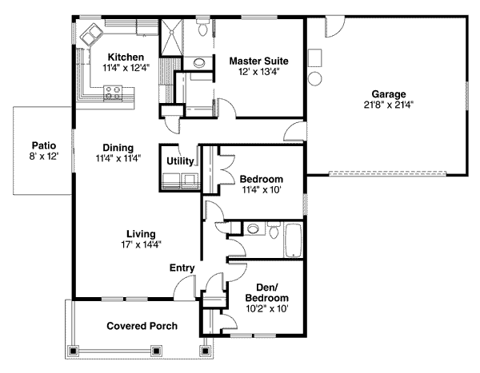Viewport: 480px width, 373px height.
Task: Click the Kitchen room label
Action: coord(126,58)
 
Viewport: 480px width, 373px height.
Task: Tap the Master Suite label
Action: coord(259,61)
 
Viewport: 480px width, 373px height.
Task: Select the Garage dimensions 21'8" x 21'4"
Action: coord(389,105)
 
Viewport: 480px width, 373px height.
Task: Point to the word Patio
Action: coord(44,145)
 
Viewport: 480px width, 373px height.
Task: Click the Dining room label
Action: coord(118,148)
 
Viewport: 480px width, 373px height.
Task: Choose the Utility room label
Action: coord(180,161)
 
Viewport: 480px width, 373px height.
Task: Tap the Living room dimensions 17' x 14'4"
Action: coord(141,244)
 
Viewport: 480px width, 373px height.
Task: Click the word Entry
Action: coord(182,268)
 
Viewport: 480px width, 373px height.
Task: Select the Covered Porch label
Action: coord(142,326)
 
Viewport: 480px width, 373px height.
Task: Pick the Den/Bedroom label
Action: coord(267,292)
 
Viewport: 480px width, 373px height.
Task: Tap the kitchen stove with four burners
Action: coord(113,93)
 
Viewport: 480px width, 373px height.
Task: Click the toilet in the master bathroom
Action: coord(202,27)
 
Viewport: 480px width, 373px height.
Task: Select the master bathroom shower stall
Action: coord(171,38)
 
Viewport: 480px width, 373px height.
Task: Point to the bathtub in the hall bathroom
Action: coord(294,240)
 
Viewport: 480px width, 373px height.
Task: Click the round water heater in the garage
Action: coord(314,78)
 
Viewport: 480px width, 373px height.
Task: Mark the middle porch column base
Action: coord(157,351)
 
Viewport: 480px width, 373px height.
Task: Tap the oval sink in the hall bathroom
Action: coord(253,228)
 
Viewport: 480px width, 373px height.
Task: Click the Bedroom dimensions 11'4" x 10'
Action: coord(262,190)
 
